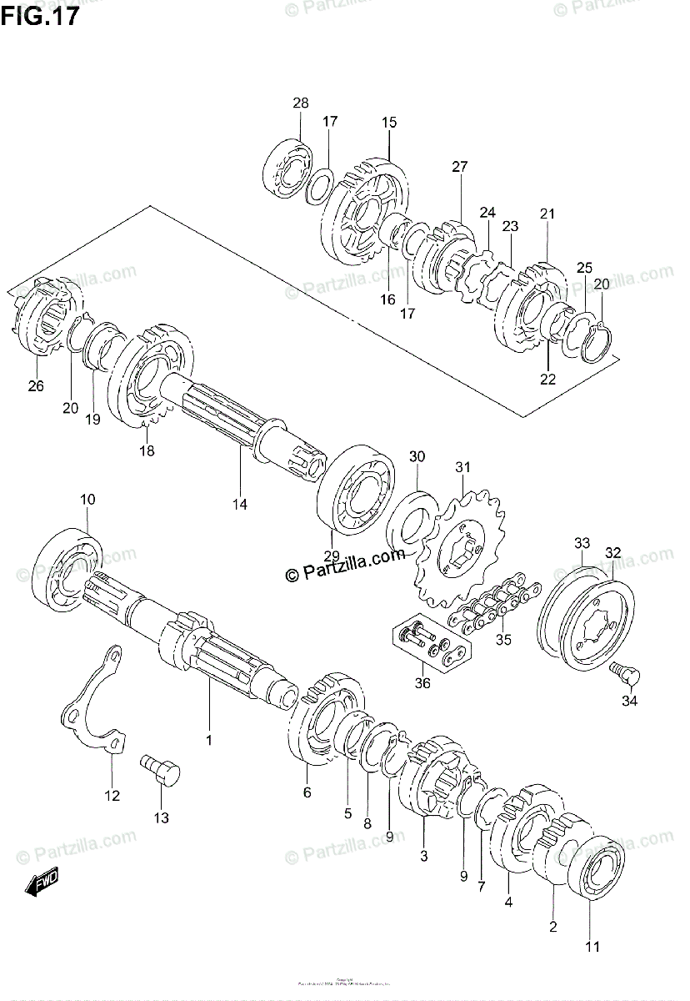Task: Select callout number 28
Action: tap(300, 103)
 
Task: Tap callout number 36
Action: tap(422, 684)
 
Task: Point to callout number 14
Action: tap(240, 504)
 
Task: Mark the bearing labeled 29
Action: tap(356, 492)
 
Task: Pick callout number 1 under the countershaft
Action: tap(209, 740)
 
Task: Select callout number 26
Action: tap(35, 385)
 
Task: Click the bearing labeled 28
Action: tap(287, 171)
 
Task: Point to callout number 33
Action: tap(580, 544)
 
